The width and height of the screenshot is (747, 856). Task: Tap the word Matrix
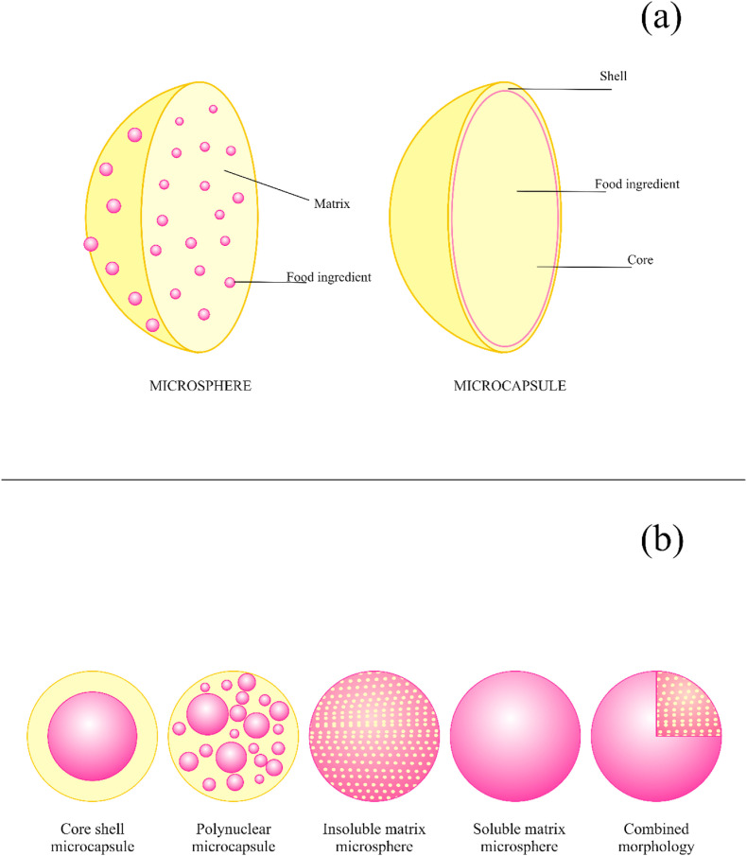click(x=327, y=201)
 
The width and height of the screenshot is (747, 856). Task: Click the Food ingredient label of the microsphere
click(x=328, y=277)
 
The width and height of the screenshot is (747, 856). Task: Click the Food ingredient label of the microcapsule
click(x=636, y=183)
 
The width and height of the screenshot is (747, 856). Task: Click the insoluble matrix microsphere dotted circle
click(x=375, y=735)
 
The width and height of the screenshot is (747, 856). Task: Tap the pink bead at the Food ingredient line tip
click(x=230, y=282)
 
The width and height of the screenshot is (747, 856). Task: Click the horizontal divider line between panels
click(x=373, y=480)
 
